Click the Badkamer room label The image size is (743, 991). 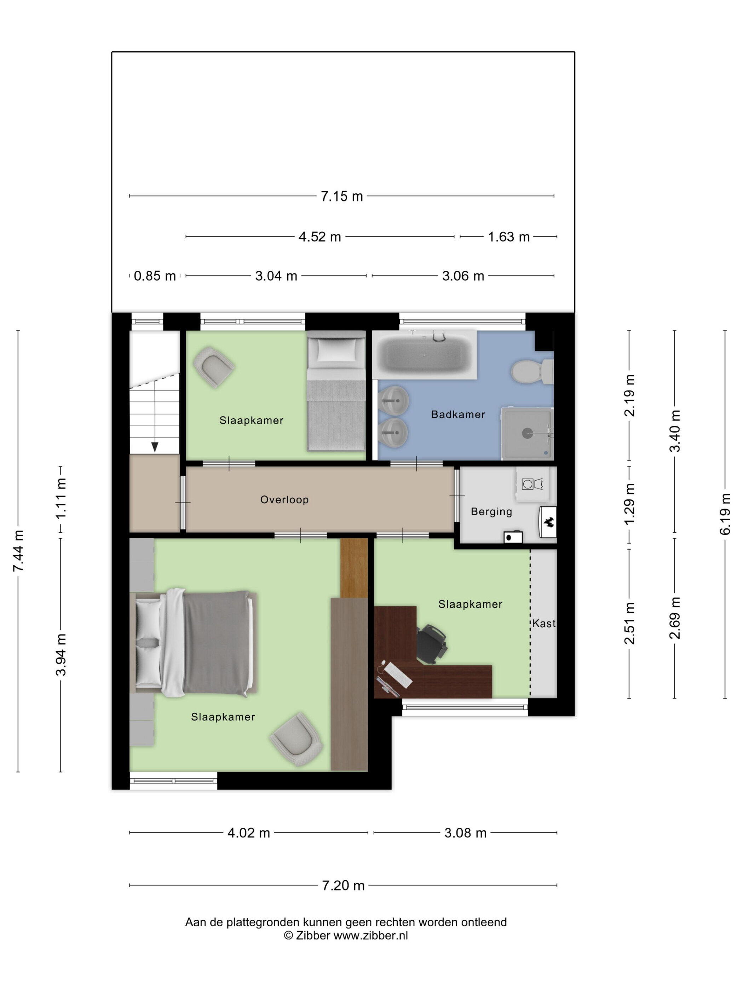click(x=458, y=414)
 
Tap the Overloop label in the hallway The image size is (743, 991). click(x=284, y=499)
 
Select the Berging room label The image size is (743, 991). click(x=491, y=512)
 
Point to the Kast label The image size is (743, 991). click(x=544, y=623)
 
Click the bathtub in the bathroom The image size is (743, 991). click(x=424, y=355)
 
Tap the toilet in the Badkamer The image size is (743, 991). click(x=532, y=371)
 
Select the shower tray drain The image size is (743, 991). click(x=527, y=433)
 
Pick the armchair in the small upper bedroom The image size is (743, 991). click(x=214, y=367)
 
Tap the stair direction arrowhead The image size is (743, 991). click(x=155, y=447)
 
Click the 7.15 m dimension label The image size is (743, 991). click(x=342, y=196)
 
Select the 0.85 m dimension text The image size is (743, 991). click(x=155, y=276)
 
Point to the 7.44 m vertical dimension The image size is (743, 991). click(x=18, y=551)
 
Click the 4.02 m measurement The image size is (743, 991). click(x=249, y=833)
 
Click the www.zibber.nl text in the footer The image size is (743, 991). click(x=371, y=935)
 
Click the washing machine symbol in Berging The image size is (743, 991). click(x=528, y=484)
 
